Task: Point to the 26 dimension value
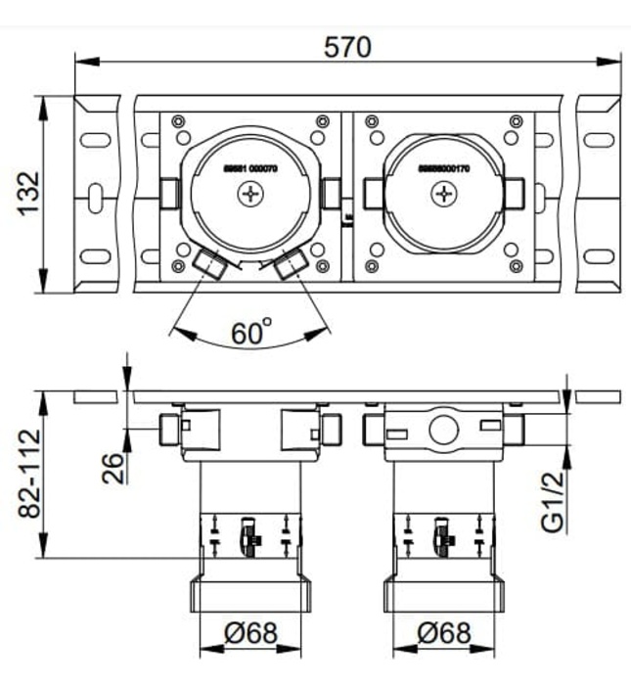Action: point(114,467)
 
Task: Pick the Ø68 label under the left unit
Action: point(248,633)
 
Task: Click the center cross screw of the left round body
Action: point(250,195)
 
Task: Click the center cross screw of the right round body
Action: point(444,195)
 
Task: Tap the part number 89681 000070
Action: point(250,168)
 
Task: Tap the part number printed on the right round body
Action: point(444,168)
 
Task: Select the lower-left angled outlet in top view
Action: point(207,262)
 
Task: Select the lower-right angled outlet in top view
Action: point(291,263)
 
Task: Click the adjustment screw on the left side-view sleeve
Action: point(250,533)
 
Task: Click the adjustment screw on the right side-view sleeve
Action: point(443,533)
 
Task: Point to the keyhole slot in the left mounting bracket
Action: point(95,195)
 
